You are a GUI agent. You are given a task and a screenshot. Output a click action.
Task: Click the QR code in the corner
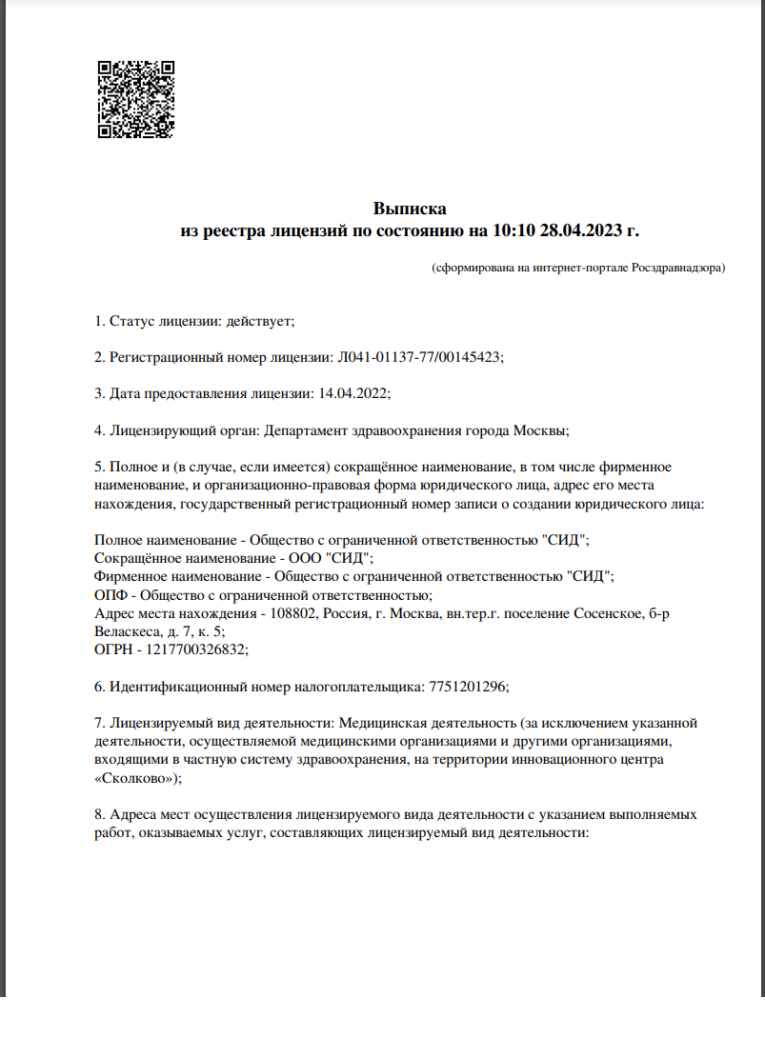point(136,100)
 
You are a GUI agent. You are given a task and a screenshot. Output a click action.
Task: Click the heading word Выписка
point(410,209)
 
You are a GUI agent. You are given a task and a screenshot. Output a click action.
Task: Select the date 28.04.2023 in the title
point(581,230)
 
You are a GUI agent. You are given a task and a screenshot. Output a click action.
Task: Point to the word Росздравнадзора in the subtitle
point(675,269)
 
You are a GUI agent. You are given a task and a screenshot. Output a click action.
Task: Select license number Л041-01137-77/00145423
point(419,357)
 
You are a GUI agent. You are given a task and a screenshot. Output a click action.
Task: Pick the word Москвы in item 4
point(542,429)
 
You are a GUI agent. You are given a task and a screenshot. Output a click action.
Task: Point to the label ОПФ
point(111,594)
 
